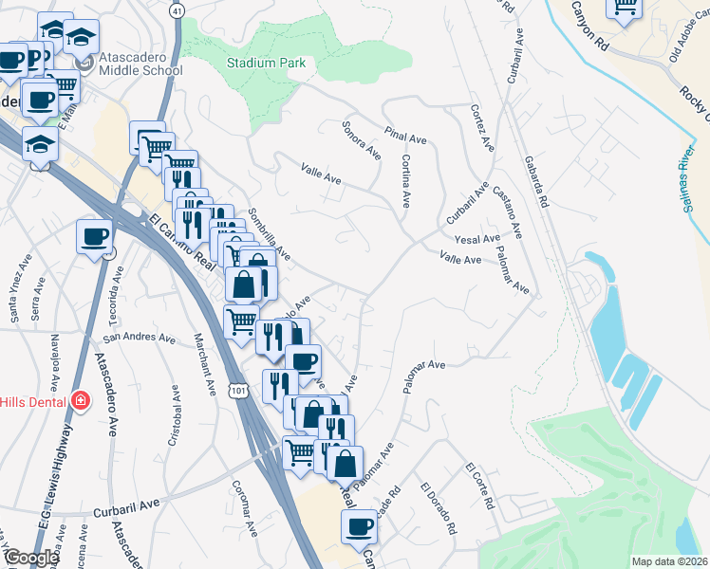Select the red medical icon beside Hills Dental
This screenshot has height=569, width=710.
pos(80,401)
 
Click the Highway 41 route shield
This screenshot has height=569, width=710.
pos(177,10)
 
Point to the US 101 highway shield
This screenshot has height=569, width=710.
pos(236,390)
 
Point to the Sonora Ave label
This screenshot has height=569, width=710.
pos(362,140)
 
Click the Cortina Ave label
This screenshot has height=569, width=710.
pos(405,181)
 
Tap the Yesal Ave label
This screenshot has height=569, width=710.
pos(476,239)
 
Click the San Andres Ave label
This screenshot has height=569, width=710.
pos(140,337)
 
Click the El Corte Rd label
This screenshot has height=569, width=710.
pos(481,486)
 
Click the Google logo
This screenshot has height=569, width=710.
pos(31,558)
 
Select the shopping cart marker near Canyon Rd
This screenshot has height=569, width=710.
pos(625,7)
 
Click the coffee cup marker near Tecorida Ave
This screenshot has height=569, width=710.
pos(94,236)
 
